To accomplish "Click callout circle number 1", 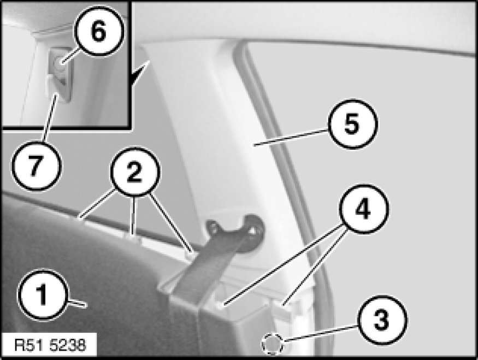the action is pos(42,295).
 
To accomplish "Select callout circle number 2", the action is pos(135,172).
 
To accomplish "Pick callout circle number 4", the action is pos(363,209).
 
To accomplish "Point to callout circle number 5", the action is pos(352,124).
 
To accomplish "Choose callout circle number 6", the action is pos(99,32).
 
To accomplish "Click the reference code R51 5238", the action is pos(50,345).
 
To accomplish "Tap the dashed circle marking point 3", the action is pos(272,344).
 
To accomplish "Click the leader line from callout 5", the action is pos(291,138).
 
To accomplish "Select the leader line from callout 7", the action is pos(50,119).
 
